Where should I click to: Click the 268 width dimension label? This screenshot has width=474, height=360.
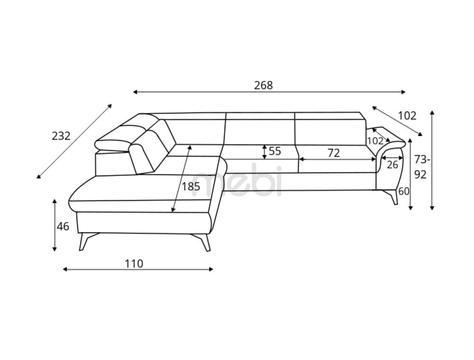263,85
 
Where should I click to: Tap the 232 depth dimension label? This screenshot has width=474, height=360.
61,136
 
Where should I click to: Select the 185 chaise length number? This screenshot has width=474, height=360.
191,187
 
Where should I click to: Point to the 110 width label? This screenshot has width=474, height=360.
134,264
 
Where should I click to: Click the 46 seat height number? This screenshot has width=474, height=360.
63,226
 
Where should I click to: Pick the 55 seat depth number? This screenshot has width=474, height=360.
275,151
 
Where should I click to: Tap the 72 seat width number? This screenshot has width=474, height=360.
334,153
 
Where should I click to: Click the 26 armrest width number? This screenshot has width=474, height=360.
392,164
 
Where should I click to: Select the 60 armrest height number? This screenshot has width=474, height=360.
404,191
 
